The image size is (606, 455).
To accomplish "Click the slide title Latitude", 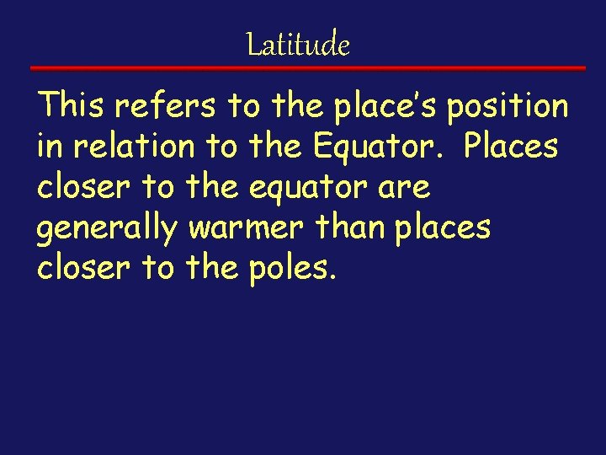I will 298,44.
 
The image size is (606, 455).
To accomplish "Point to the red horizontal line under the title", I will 308,67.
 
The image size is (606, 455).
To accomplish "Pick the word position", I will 508,107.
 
